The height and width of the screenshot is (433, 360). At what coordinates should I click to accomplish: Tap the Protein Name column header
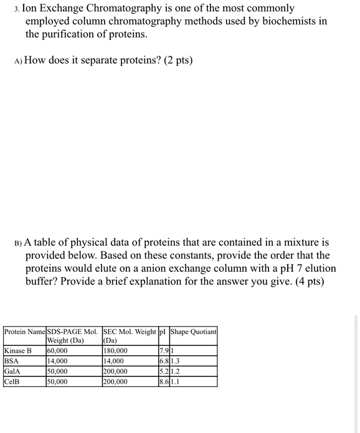coord(25,332)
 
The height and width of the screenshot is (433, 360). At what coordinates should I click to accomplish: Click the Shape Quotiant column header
coord(193,332)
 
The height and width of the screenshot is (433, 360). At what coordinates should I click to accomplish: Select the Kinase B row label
coord(18,351)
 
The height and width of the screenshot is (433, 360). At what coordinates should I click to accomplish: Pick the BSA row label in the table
coord(12,361)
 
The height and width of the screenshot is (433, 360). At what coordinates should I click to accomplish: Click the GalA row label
coord(13,371)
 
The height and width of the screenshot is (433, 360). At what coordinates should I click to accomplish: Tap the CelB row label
coord(12,381)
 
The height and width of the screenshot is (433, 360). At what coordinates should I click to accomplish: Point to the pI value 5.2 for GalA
coord(164,371)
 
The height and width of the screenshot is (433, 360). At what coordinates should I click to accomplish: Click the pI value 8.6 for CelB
coord(164,381)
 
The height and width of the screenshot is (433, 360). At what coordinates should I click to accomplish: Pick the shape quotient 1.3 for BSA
coord(176,361)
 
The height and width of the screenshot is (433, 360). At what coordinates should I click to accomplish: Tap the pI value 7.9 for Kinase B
coord(164,351)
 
